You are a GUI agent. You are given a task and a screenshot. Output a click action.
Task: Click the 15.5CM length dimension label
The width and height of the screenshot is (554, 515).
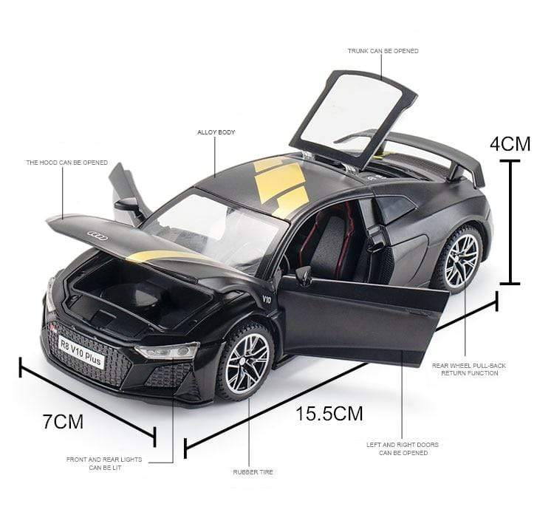point(329,413)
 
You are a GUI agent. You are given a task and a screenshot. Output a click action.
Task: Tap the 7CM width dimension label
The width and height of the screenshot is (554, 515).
point(63,422)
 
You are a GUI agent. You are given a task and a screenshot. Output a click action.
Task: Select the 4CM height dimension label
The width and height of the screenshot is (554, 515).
point(510,144)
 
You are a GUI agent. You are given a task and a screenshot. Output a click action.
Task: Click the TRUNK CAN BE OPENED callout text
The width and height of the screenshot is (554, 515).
point(383,51)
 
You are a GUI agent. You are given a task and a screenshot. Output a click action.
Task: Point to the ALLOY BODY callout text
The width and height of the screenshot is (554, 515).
point(216,132)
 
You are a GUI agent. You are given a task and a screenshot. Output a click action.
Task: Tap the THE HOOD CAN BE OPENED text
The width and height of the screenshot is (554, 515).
point(66,163)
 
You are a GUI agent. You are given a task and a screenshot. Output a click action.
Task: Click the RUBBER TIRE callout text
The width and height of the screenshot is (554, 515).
point(253,471)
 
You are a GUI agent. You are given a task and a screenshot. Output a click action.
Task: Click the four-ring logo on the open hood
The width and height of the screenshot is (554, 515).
point(98,236)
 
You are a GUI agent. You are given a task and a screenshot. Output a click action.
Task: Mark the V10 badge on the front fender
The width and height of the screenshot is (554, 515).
point(267,300)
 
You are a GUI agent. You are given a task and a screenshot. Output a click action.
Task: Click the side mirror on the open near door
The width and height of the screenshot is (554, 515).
point(304,276)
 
